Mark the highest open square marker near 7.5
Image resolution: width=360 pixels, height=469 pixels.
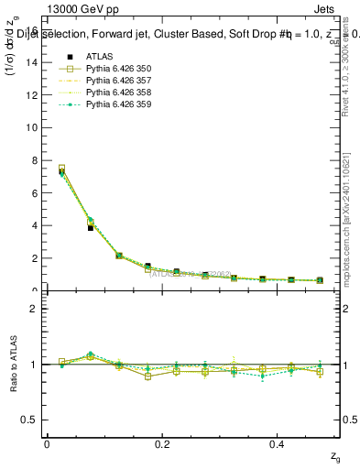click(61, 169)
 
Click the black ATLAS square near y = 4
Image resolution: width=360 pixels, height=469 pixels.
click(91, 227)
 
